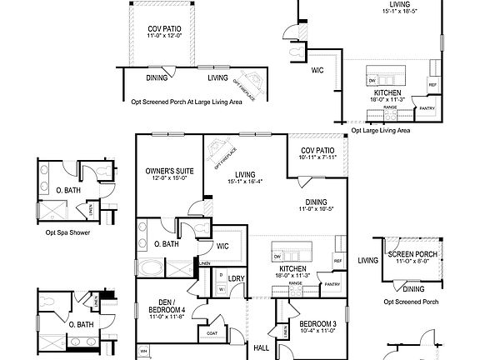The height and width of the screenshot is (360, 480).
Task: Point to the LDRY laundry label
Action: pyautogui.click(x=236, y=278)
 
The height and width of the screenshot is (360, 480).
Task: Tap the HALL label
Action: pyautogui.click(x=261, y=347)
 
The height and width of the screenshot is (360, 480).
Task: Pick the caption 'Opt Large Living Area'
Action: pyautogui.click(x=380, y=130)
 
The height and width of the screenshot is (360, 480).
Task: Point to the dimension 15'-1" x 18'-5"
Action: pyautogui.click(x=397, y=11)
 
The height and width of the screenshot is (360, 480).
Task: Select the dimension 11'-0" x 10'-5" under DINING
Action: pyautogui.click(x=316, y=207)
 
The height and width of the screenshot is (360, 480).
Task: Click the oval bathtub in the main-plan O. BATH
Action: pyautogui.click(x=151, y=268)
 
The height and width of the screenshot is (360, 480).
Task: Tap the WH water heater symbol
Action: pyautogui.click(x=143, y=349)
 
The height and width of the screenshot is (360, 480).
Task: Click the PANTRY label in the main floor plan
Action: pyautogui.click(x=332, y=284)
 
